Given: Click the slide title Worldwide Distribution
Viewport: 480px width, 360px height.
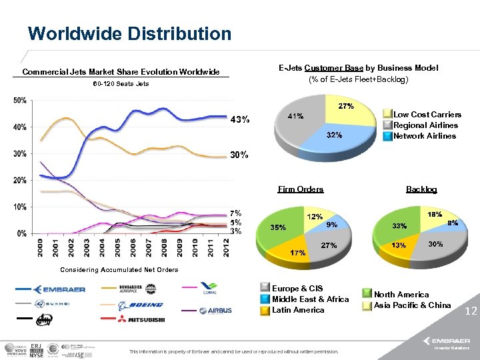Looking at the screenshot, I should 129,33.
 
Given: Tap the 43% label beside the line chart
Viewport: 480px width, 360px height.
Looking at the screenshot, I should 240,120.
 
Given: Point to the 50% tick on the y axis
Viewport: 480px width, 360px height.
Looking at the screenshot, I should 20,100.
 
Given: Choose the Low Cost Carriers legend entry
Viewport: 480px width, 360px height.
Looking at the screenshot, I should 427,115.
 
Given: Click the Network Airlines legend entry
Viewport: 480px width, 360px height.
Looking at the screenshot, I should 425,136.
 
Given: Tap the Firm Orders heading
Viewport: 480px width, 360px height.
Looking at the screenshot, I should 301,189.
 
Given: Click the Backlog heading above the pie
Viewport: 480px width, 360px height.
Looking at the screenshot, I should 421,189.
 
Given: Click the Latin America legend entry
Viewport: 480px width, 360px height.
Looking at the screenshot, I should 297,310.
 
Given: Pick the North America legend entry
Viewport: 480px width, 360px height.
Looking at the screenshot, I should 401,294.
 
